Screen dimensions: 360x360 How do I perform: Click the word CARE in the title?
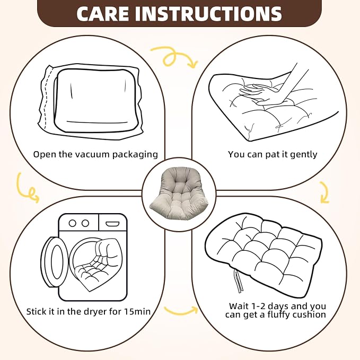click(x=103, y=14)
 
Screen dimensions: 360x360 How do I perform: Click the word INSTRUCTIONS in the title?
click(x=208, y=14)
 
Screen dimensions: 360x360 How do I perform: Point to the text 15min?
click(x=137, y=312)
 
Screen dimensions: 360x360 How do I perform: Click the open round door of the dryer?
click(x=54, y=262)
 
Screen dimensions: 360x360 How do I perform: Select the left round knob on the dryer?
click(x=73, y=223)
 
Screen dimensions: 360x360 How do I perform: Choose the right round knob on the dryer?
click(x=85, y=223)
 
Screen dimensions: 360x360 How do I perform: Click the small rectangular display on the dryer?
click(x=112, y=224)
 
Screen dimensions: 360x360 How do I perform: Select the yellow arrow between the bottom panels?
click(x=181, y=311)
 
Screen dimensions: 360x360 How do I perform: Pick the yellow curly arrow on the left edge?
click(x=27, y=188)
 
